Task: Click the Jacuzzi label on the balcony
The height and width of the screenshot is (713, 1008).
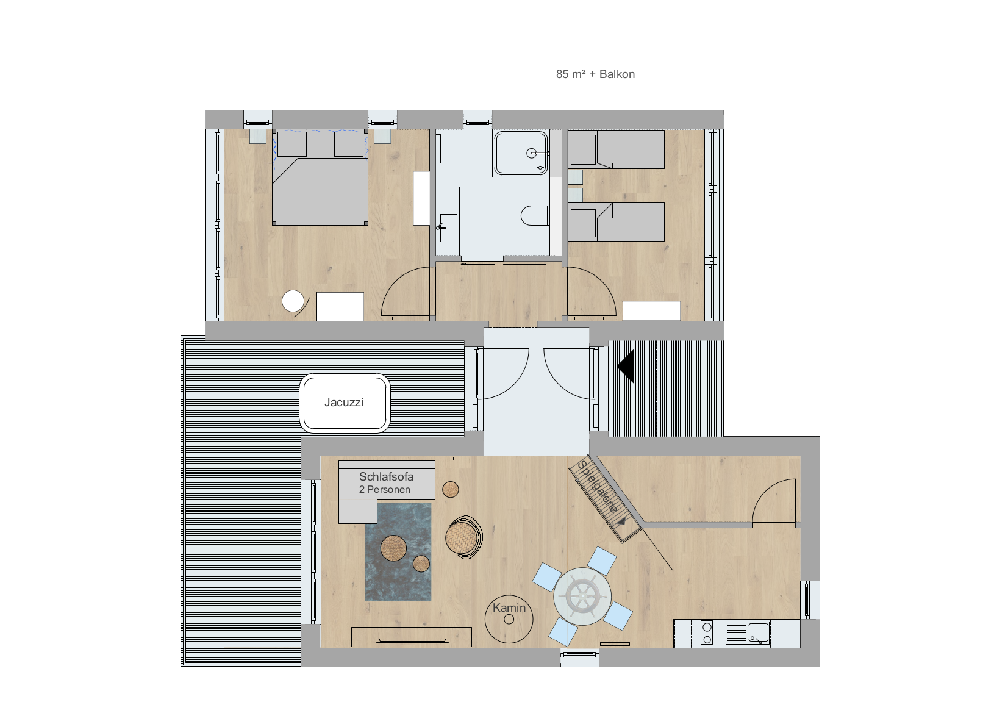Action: [344, 402]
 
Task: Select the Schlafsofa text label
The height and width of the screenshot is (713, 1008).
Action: [386, 476]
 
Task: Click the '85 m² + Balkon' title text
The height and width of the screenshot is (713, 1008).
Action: [595, 74]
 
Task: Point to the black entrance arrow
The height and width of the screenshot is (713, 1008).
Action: [626, 367]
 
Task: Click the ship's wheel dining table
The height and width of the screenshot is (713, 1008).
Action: [582, 597]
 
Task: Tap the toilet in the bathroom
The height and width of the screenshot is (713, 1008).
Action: [535, 216]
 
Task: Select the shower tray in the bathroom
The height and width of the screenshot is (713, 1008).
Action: [521, 154]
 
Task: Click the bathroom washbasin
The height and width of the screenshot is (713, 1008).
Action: [448, 228]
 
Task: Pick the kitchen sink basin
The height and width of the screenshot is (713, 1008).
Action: [759, 632]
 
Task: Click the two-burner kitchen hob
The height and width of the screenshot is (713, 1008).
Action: [707, 632]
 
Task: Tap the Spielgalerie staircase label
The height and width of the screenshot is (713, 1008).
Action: [597, 487]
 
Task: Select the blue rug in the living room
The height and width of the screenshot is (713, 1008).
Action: [398, 552]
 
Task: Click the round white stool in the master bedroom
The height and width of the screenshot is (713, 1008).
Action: [293, 301]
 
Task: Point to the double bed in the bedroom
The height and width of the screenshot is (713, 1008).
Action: [320, 178]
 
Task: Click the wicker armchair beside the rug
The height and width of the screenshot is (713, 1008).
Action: [463, 537]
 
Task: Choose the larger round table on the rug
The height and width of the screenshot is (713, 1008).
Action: [393, 548]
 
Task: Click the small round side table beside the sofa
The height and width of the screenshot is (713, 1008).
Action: [450, 489]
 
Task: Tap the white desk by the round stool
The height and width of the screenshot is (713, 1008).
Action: [340, 307]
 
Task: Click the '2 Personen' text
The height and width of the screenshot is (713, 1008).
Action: [384, 489]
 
